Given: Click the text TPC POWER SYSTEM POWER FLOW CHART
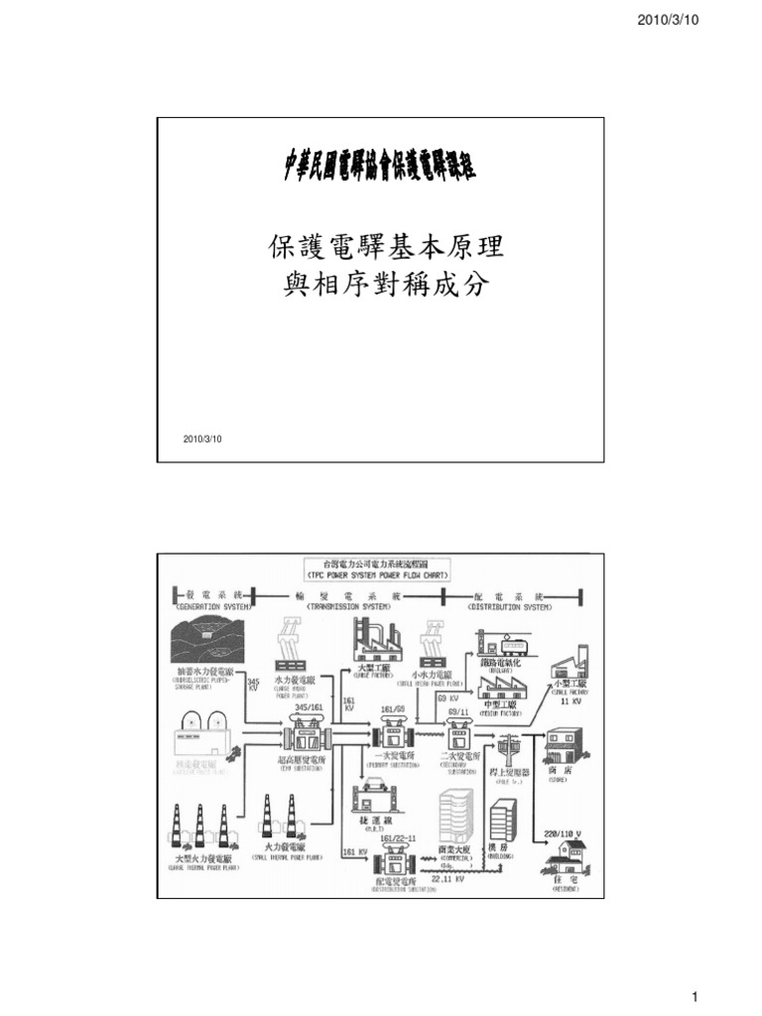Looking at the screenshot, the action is tap(380, 575).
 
